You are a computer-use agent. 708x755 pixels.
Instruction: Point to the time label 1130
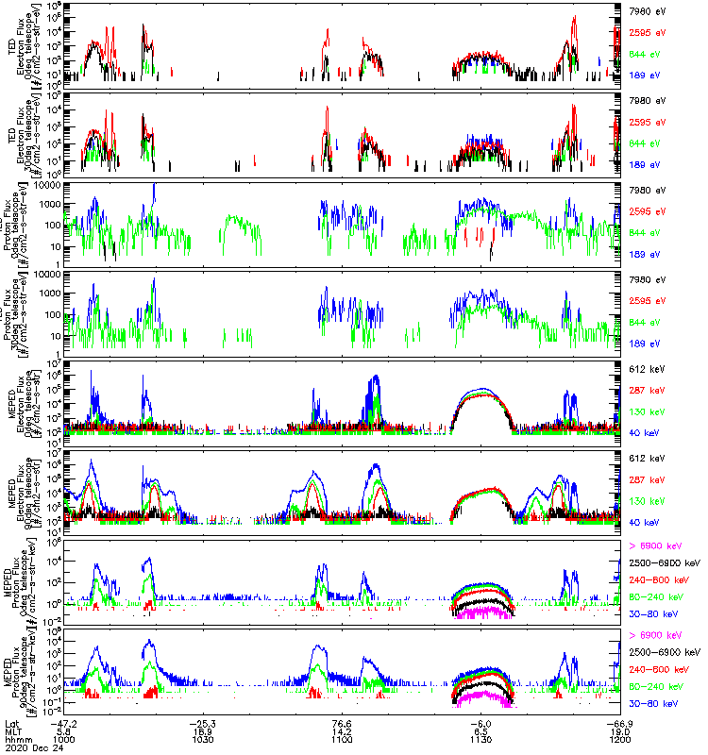482,739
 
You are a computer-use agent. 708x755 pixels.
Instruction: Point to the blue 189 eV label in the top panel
644,74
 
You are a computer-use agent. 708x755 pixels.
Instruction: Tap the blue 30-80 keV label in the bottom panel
654,704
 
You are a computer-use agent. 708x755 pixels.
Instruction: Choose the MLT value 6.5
482,731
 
